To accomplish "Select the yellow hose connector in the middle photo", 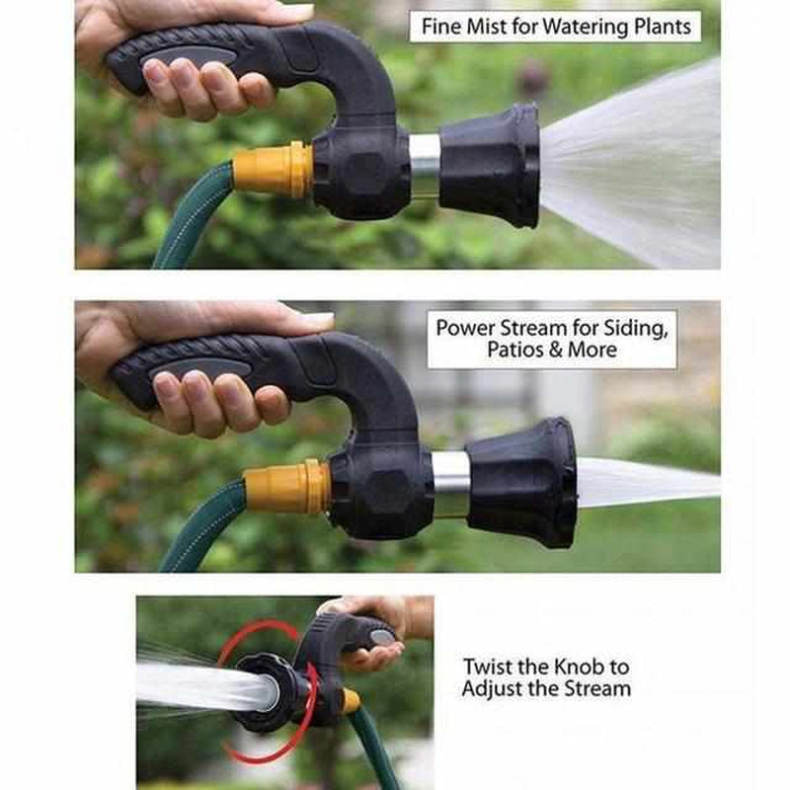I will (x=287, y=487).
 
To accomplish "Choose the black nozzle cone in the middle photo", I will (x=523, y=482).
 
